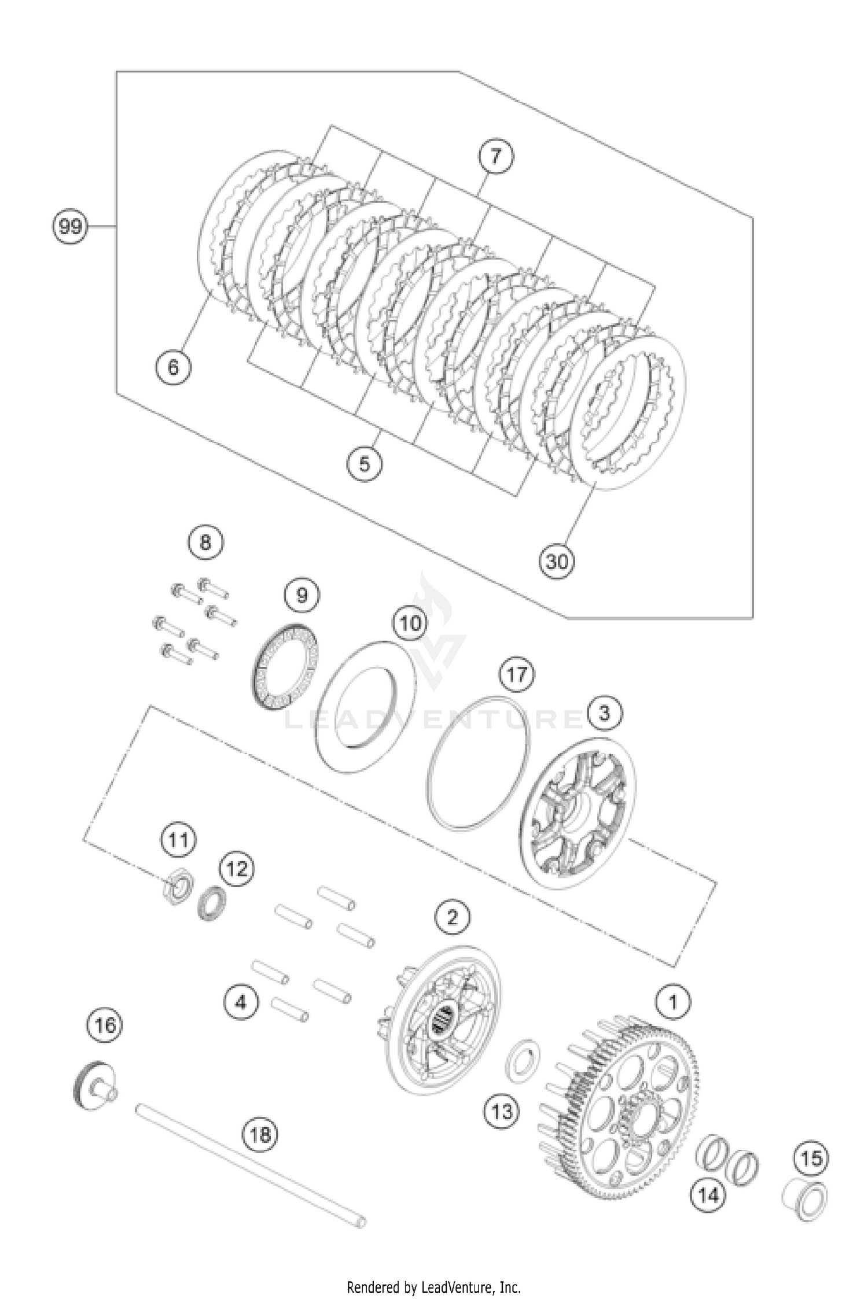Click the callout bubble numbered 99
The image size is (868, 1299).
tap(70, 226)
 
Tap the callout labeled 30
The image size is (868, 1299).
tap(557, 560)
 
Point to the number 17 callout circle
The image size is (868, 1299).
tap(517, 674)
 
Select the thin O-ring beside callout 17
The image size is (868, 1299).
tap(479, 763)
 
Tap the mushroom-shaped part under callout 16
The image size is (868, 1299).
tap(94, 1086)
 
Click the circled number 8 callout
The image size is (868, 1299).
tap(205, 543)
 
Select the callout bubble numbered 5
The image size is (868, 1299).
tap(364, 463)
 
